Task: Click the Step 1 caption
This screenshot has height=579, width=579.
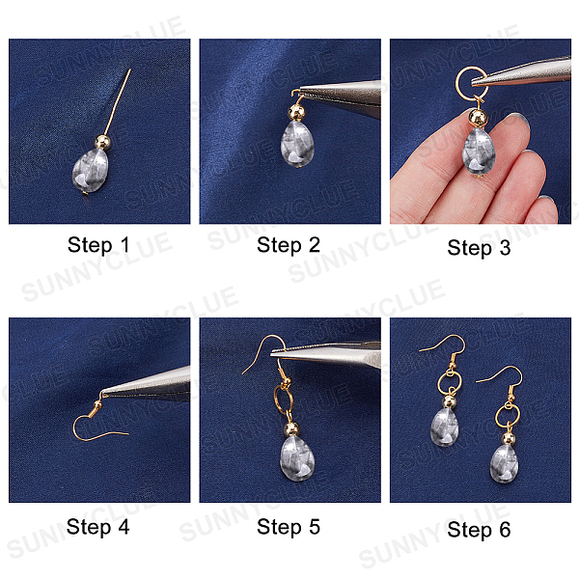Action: (x=98, y=245)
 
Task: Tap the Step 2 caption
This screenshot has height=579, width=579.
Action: (x=289, y=245)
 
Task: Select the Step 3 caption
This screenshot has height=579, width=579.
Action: (x=479, y=247)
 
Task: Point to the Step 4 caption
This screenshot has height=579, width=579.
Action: (x=97, y=527)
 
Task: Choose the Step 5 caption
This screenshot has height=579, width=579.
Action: (x=289, y=527)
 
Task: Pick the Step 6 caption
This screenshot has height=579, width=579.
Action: (x=479, y=530)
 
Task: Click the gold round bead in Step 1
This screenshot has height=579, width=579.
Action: (x=103, y=142)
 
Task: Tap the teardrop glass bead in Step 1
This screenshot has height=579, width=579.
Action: (x=90, y=170)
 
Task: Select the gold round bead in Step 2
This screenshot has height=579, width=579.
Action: (x=296, y=112)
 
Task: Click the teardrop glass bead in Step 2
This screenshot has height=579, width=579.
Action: (x=297, y=144)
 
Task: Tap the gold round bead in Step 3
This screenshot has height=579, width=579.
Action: (x=479, y=118)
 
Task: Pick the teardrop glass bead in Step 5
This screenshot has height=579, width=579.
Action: (x=297, y=458)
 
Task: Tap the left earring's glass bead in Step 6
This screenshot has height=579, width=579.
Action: (x=445, y=427)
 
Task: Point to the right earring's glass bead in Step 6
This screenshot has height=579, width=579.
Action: (x=504, y=464)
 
